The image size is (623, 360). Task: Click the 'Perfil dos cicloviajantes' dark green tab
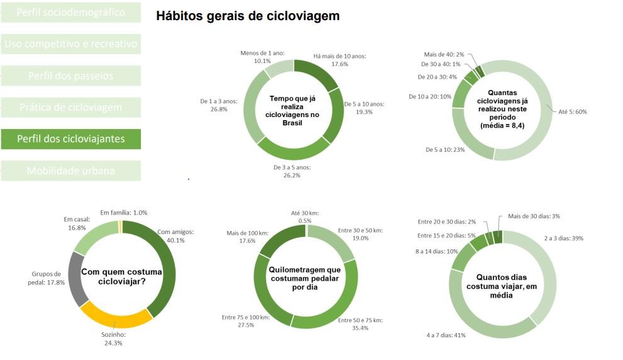click(70, 139)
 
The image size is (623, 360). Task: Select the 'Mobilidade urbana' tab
click(70, 171)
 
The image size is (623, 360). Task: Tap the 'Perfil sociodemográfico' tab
click(70, 12)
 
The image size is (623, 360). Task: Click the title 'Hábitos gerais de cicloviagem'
click(247, 16)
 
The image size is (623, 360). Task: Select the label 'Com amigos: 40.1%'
click(176, 235)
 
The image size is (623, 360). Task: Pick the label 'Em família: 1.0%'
click(124, 213)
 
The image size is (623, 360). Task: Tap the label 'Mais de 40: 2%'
click(444, 54)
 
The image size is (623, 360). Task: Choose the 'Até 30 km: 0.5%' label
click(305, 217)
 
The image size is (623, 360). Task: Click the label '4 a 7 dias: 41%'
click(446, 335)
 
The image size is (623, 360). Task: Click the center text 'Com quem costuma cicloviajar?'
click(121, 276)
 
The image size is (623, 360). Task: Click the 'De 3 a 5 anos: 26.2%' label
click(292, 171)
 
